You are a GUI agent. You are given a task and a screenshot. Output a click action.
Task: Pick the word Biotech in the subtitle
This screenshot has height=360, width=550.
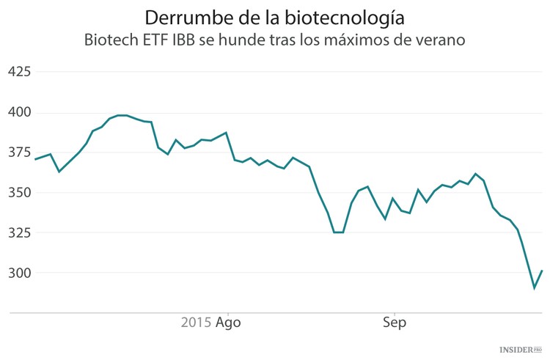[112, 40]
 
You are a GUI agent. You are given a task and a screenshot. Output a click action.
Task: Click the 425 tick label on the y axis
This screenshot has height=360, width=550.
[19, 72]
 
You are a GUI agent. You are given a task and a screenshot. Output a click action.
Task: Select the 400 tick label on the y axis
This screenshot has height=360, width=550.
[19, 113]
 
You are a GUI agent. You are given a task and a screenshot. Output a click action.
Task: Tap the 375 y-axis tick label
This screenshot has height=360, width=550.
[19, 153]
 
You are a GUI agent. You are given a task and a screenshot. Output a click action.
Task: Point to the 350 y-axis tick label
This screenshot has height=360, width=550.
[19, 193]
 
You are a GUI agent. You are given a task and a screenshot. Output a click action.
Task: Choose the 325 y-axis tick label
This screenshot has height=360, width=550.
[19, 233]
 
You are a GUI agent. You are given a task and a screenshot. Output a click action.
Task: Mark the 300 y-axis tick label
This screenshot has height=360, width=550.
[19, 273]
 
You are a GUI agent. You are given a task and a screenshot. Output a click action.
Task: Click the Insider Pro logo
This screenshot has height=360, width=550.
[520, 350]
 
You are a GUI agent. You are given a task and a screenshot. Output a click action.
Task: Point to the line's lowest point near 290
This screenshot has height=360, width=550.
[535, 288]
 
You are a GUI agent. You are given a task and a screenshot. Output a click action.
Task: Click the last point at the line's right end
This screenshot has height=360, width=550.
[542, 271]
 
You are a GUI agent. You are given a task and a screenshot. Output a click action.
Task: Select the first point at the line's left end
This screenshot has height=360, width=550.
[34, 159]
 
